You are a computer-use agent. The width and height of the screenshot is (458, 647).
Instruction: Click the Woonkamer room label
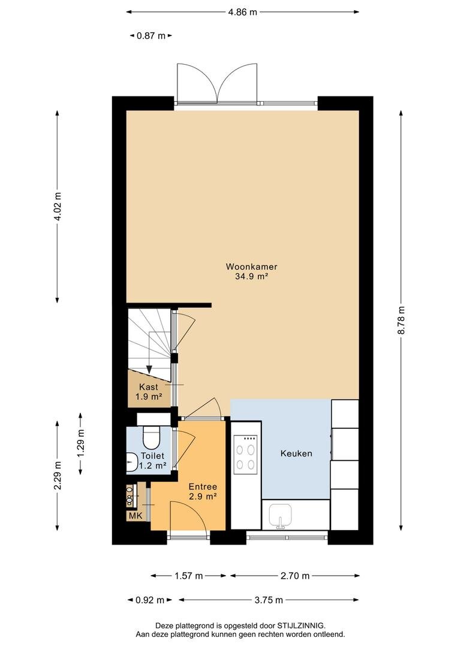(x=251, y=267)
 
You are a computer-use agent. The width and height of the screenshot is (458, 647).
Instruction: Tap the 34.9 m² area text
(x=252, y=277)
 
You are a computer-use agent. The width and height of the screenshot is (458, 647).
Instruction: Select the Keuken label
(x=296, y=453)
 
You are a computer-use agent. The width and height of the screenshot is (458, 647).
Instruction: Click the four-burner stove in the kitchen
(x=245, y=453)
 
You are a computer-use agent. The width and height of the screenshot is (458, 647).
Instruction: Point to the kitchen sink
(x=281, y=516)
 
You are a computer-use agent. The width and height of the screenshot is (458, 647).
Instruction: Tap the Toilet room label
(x=152, y=456)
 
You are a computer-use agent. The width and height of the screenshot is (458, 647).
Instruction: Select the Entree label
(x=203, y=487)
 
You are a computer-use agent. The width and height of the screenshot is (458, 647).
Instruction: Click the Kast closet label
(x=149, y=387)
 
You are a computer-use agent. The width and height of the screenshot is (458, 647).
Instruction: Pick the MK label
(x=135, y=516)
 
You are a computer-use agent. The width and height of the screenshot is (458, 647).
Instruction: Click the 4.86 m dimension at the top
(x=242, y=12)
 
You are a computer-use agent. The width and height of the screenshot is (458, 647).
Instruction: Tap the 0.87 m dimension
(x=150, y=36)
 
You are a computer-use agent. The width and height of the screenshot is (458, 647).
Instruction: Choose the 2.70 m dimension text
(x=295, y=576)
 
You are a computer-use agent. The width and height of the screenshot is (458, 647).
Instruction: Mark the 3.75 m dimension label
(x=269, y=600)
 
